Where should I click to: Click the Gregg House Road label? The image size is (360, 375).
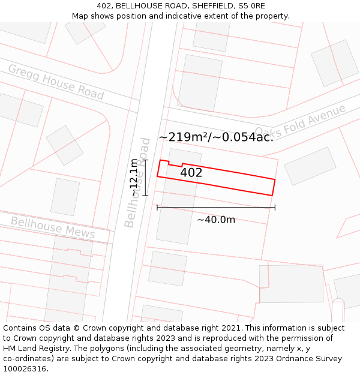click(x=56, y=82)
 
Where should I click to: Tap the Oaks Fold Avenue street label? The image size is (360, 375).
click(x=300, y=122)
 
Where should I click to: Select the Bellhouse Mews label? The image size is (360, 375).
click(x=53, y=227)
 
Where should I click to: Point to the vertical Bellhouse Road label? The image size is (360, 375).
click(x=137, y=182)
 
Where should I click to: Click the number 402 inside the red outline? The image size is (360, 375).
click(x=191, y=173)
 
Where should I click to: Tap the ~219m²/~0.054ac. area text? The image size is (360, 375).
click(x=216, y=137)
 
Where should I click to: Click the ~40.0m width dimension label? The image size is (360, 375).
click(x=216, y=220)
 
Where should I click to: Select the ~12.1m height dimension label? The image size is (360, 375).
click(x=134, y=178)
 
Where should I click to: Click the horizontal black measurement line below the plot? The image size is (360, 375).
click(x=216, y=208)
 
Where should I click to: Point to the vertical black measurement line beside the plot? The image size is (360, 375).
click(x=146, y=178)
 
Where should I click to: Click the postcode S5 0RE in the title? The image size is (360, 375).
click(x=252, y=6)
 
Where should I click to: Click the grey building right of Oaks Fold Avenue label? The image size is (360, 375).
click(x=310, y=166)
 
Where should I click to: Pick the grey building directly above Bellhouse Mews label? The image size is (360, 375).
click(x=65, y=197)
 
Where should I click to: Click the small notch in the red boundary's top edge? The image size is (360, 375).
click(x=175, y=163)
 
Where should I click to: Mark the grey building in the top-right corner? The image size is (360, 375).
click(x=334, y=63)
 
